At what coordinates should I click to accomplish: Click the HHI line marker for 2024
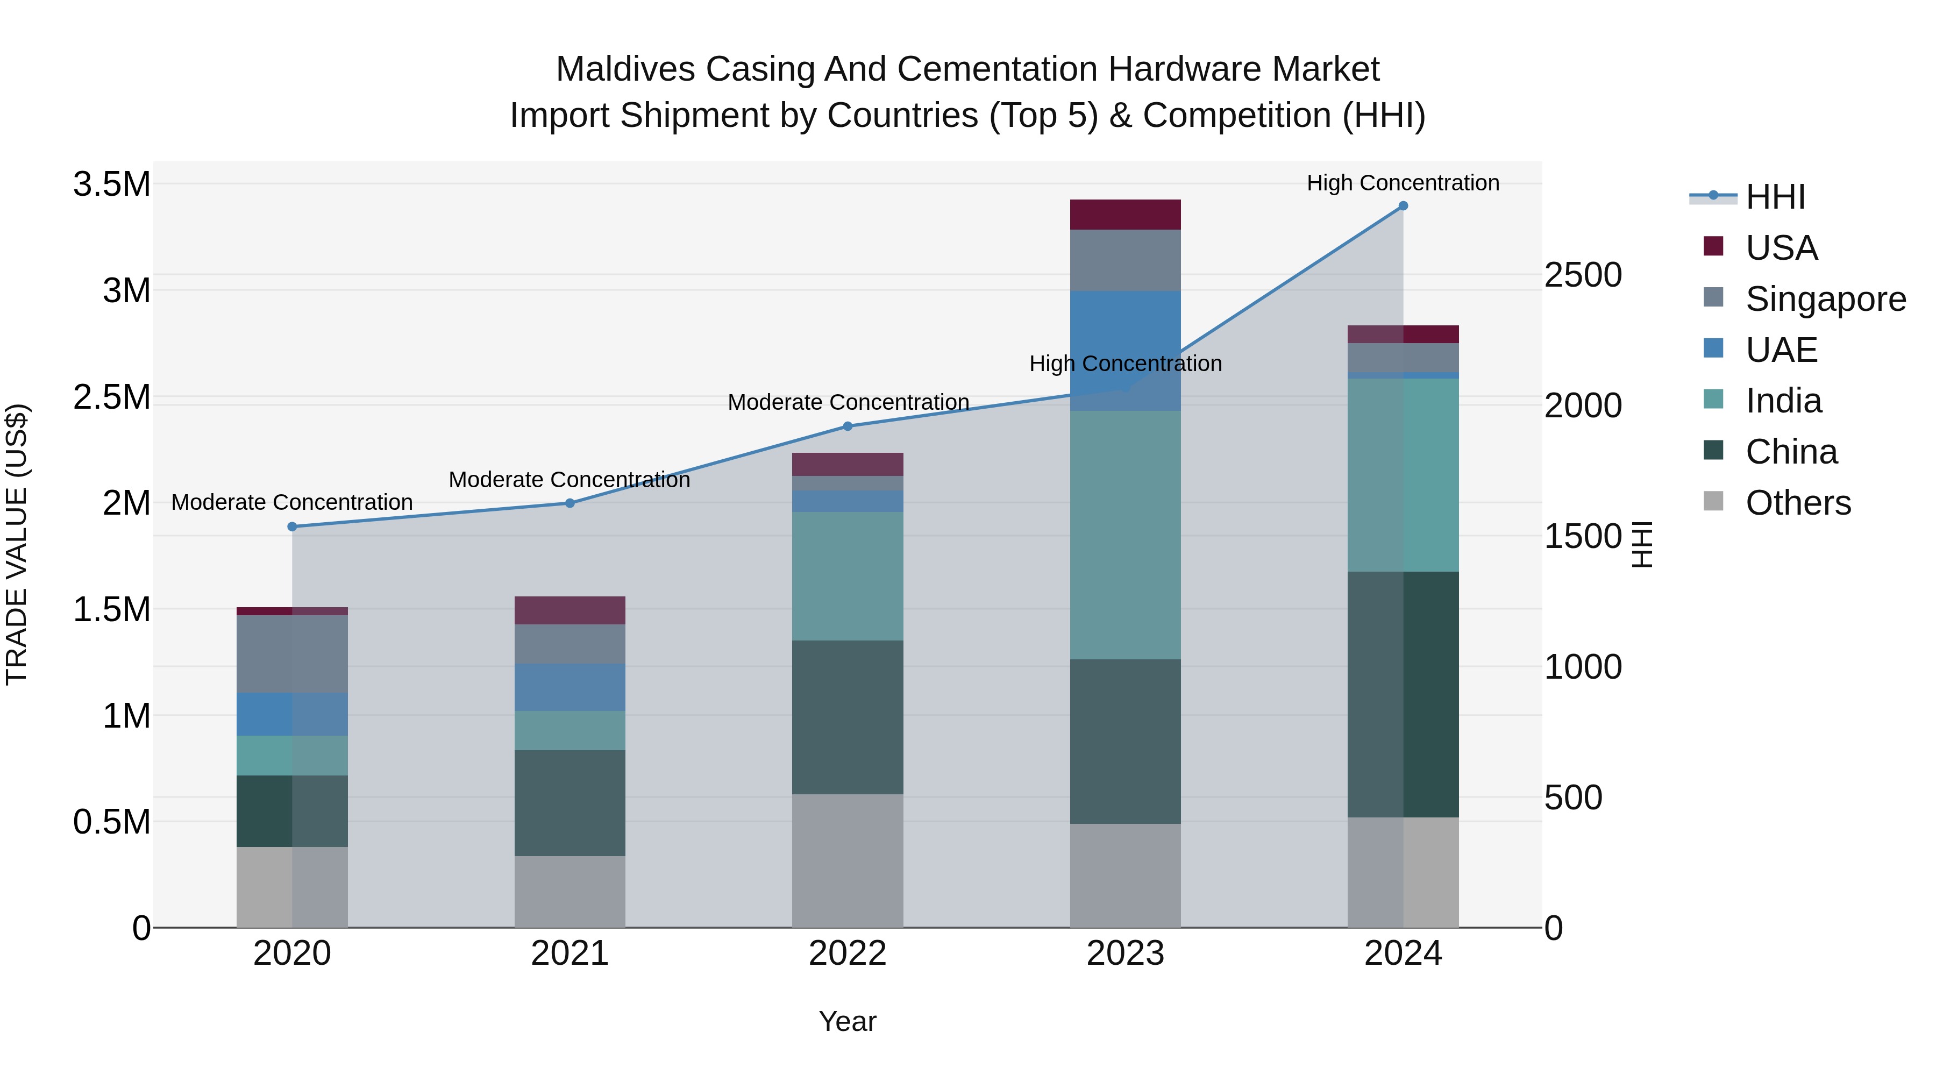pyautogui.click(x=1403, y=206)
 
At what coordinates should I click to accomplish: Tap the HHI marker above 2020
pyautogui.click(x=293, y=527)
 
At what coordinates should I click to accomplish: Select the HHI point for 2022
pyautogui.click(x=848, y=426)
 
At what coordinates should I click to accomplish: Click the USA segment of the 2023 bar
pyautogui.click(x=1125, y=215)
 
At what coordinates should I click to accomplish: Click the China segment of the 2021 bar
pyautogui.click(x=570, y=803)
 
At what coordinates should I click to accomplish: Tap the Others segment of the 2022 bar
pyautogui.click(x=848, y=860)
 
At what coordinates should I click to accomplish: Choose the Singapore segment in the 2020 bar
pyautogui.click(x=293, y=654)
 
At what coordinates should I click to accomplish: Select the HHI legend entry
pyautogui.click(x=1775, y=197)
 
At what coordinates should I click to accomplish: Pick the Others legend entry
pyautogui.click(x=1798, y=503)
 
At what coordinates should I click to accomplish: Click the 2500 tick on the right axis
pyautogui.click(x=1583, y=275)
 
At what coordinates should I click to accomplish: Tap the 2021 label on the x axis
pyautogui.click(x=570, y=953)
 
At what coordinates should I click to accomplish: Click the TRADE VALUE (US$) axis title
pyautogui.click(x=17, y=544)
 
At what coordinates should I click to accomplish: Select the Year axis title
pyautogui.click(x=848, y=1021)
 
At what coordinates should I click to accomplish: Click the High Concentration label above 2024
pyautogui.click(x=1403, y=183)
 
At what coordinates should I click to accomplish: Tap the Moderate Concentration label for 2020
pyautogui.click(x=293, y=502)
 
